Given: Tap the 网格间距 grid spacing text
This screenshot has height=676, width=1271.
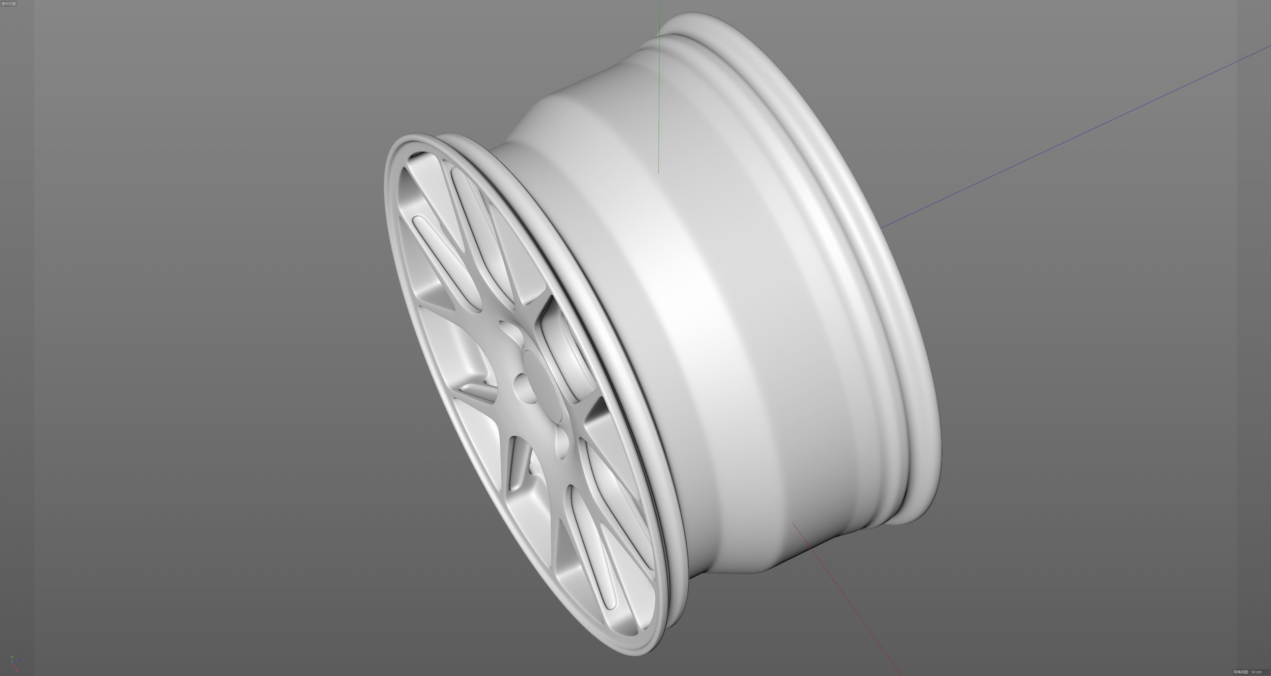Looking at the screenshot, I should pos(1241,672).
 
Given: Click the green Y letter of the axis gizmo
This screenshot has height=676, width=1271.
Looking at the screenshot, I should pos(12,657).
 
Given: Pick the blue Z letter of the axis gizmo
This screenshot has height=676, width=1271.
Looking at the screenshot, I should pos(20,660).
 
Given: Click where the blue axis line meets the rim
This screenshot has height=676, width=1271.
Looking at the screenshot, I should pos(882,228).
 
